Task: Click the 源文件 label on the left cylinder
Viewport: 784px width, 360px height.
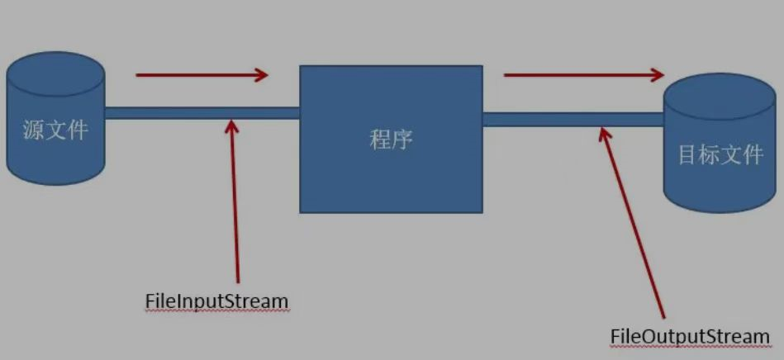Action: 55,130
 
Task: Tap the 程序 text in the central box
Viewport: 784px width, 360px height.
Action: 391,140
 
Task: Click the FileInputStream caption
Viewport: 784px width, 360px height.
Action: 216,301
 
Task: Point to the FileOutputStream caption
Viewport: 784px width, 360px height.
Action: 690,337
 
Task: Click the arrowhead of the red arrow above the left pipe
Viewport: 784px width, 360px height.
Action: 261,75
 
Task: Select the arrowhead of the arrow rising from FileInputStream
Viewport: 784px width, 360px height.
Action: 232,126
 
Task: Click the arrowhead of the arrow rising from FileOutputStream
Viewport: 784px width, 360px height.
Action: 606,133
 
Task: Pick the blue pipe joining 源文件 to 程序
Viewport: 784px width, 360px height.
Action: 202,113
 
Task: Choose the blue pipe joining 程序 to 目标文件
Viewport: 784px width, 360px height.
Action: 573,119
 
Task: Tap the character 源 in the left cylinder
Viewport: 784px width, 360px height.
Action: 34,130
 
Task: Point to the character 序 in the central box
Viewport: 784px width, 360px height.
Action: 402,140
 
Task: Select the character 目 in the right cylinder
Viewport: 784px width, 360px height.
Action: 688,154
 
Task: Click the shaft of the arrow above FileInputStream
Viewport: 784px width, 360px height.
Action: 235,206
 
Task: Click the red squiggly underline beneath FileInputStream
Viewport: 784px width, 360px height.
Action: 216,311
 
